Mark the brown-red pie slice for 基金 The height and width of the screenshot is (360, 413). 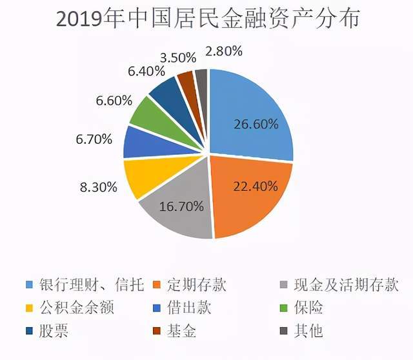(x=186, y=81)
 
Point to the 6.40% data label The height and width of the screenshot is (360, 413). (x=128, y=72)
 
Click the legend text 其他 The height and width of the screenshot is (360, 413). (x=309, y=331)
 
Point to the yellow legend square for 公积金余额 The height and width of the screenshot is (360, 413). (x=29, y=308)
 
